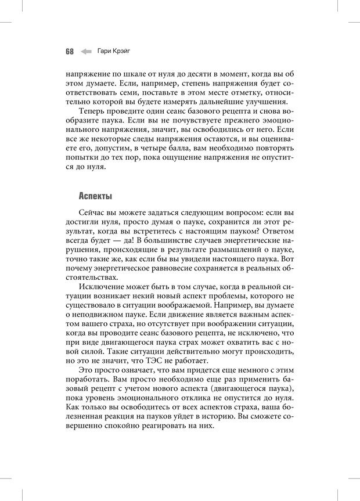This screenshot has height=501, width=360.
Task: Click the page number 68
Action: (69, 51)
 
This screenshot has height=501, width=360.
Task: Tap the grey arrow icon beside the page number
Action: (86, 51)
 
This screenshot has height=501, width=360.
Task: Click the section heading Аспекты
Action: (95, 196)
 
